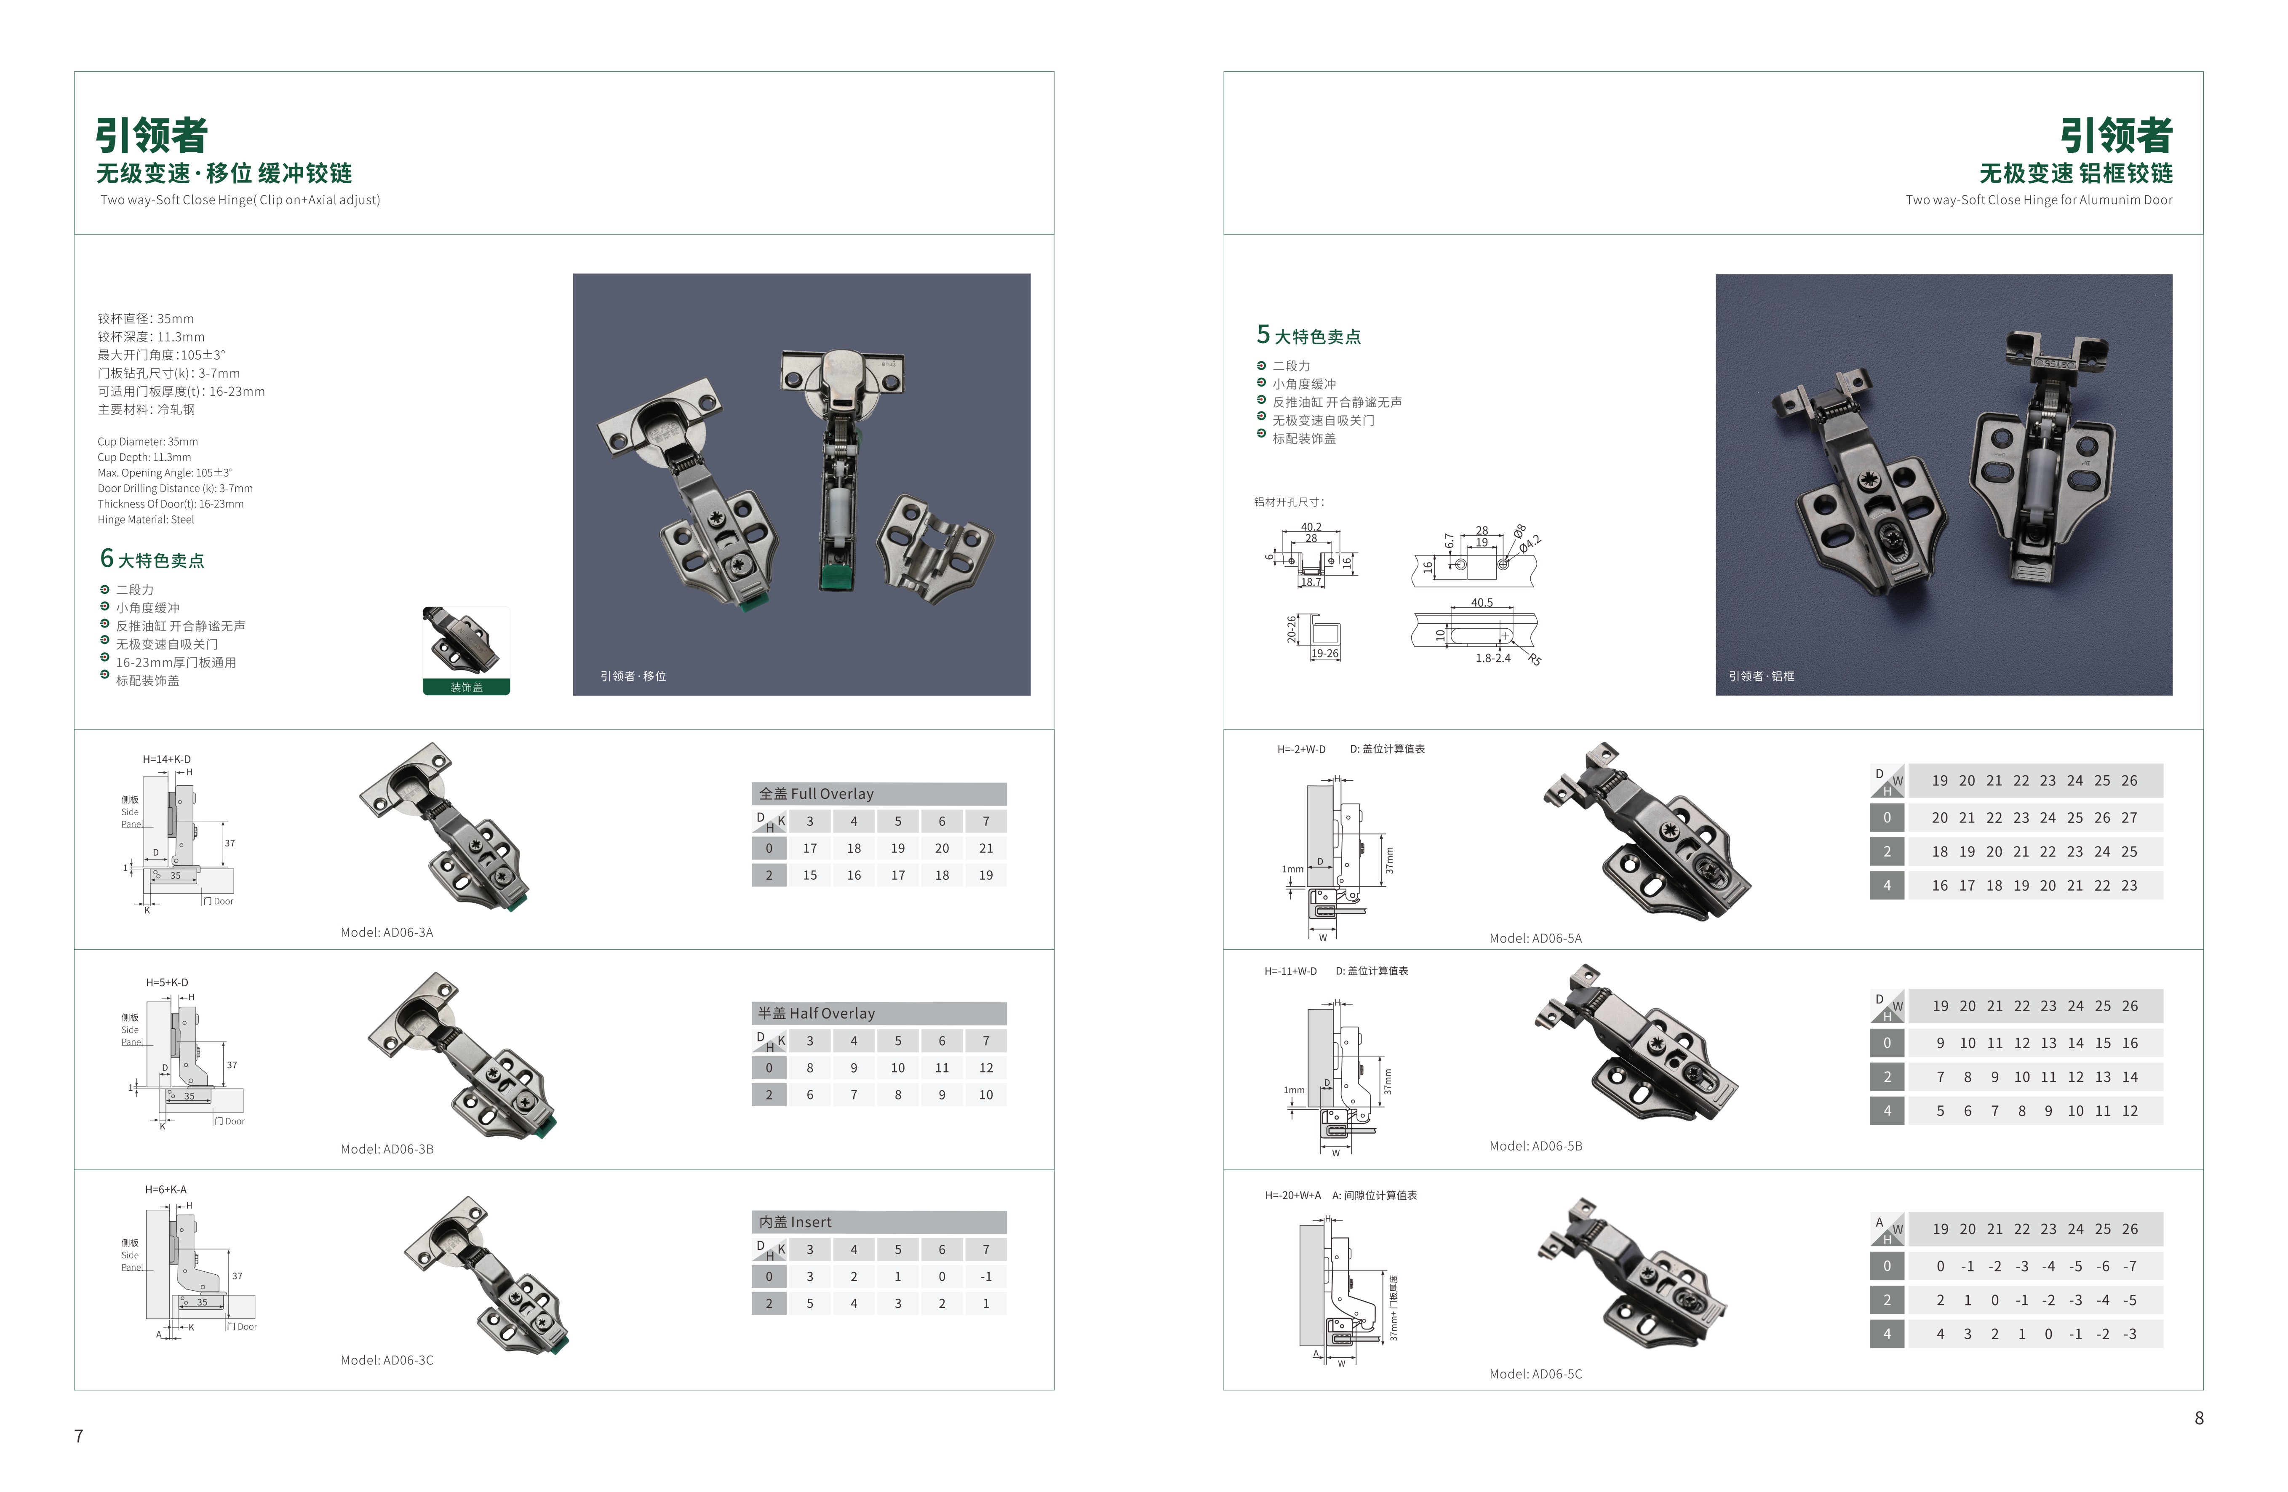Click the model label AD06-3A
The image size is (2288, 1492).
(387, 932)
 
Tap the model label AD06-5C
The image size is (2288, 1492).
(1535, 1374)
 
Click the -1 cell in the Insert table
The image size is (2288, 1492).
(985, 1277)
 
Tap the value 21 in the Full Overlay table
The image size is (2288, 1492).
(985, 848)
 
